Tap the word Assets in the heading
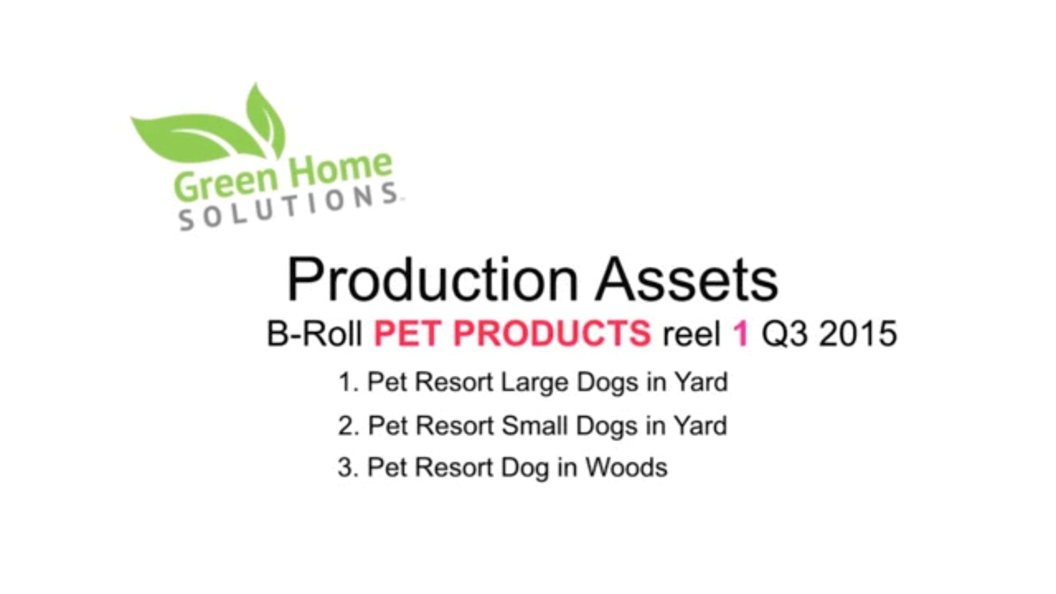687,279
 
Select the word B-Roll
315,333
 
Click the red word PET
407,333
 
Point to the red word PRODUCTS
552,333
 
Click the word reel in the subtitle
692,334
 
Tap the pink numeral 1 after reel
741,333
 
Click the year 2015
858,333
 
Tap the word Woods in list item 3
627,467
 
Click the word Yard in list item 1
701,381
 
